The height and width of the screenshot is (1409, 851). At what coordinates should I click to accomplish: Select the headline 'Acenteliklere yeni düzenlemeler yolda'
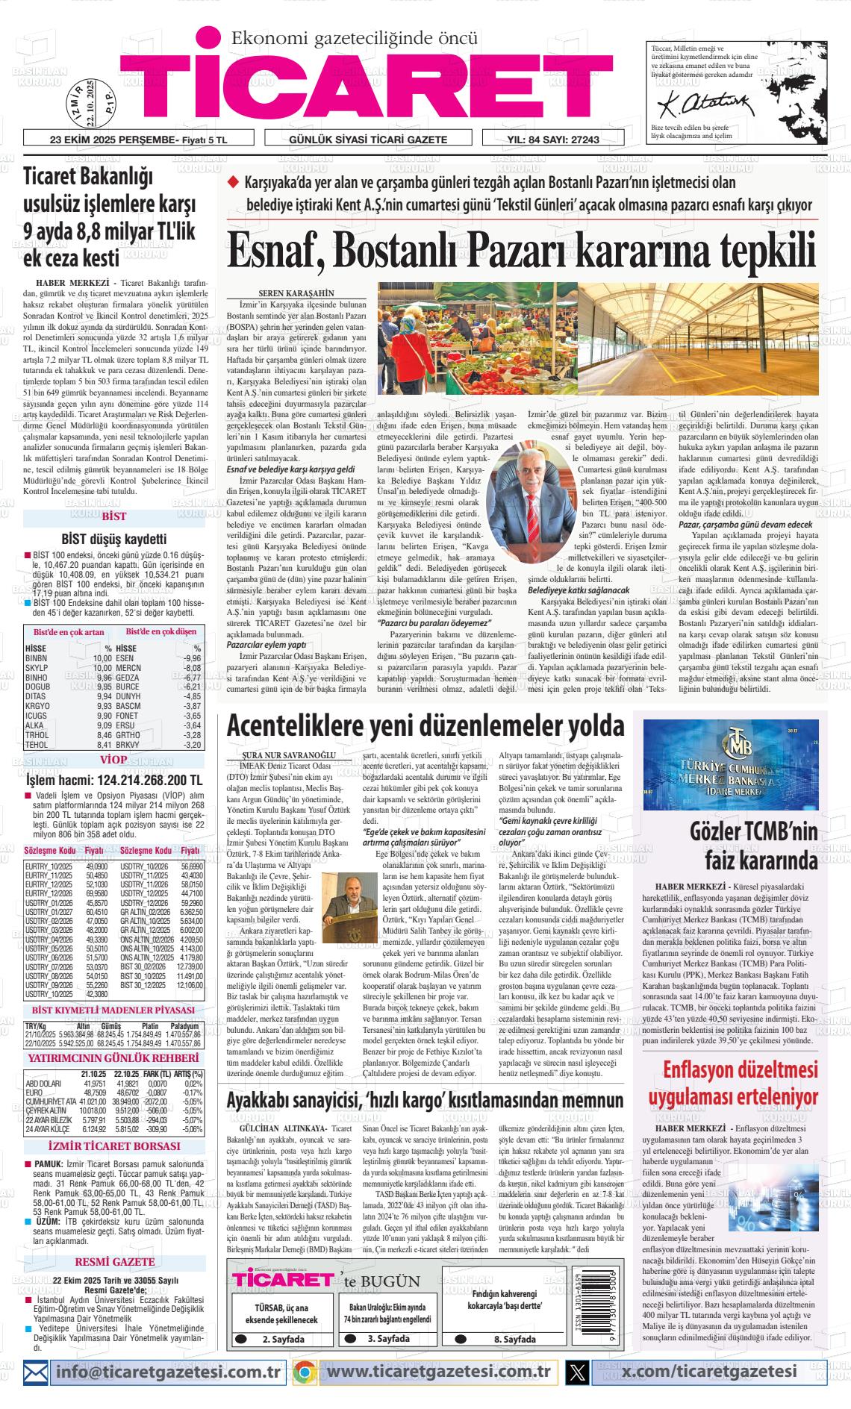pos(425,725)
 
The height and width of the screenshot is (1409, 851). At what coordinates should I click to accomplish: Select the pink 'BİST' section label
pos(113,516)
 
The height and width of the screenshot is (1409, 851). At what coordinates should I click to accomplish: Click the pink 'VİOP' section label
pos(113,760)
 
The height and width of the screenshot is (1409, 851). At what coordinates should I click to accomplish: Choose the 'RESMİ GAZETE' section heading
pos(115,1220)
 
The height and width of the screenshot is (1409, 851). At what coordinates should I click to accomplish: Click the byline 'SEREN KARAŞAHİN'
pos(296,293)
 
